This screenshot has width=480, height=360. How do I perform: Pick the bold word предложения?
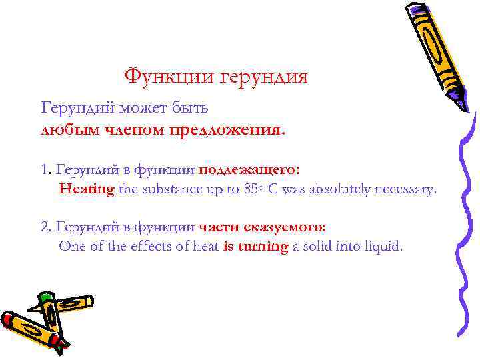pos(226,131)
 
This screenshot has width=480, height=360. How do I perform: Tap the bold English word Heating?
pos(87,189)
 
